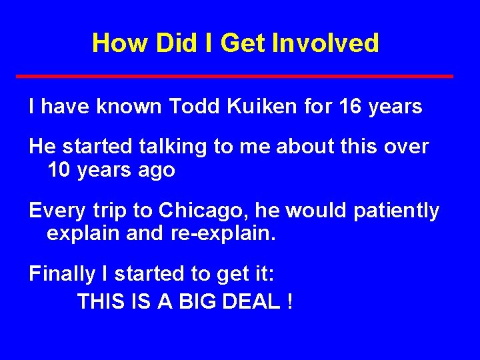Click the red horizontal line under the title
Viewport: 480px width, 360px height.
[x=235, y=77]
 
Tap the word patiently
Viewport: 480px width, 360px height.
[x=396, y=211]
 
